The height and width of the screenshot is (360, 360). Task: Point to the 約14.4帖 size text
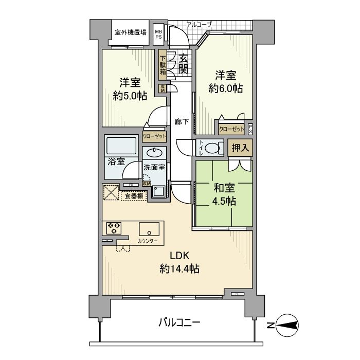[x=179, y=268]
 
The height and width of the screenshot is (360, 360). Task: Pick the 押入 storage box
[x=240, y=148]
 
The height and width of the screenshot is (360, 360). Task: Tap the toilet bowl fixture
[x=211, y=148]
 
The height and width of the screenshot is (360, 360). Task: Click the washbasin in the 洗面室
[x=154, y=152]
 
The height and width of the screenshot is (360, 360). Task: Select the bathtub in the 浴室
[x=121, y=145]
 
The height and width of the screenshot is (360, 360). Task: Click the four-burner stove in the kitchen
[x=113, y=228]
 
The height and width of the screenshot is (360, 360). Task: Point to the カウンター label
[x=148, y=241]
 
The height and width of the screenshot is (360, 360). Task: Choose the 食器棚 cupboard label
[x=134, y=195]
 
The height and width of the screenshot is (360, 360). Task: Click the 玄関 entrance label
[x=184, y=63]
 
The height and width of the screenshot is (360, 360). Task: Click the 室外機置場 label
[x=130, y=32]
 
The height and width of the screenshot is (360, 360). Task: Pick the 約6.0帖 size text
[x=226, y=88]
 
